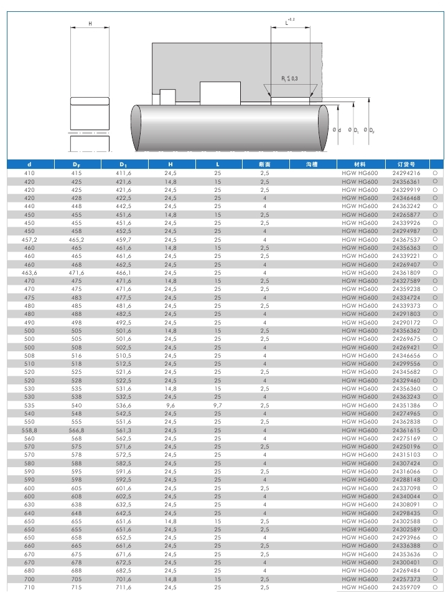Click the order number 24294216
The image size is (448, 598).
click(406, 173)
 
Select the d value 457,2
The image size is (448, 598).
click(29, 239)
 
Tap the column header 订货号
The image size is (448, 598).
click(406, 164)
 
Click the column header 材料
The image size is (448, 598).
click(360, 164)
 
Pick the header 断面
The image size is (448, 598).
click(264, 164)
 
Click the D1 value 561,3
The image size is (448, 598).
click(123, 430)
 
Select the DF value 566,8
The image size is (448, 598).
click(77, 430)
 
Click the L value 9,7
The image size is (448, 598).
click(217, 405)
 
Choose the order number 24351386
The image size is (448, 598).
click(406, 405)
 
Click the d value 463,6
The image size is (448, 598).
click(29, 272)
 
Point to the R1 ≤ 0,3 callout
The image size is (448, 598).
click(289, 78)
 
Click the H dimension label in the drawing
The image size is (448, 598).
click(90, 23)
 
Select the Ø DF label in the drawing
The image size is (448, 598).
click(370, 130)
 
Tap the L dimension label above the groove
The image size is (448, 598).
click(288, 22)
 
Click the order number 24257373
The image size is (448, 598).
click(406, 579)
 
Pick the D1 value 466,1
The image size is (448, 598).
click(123, 272)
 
